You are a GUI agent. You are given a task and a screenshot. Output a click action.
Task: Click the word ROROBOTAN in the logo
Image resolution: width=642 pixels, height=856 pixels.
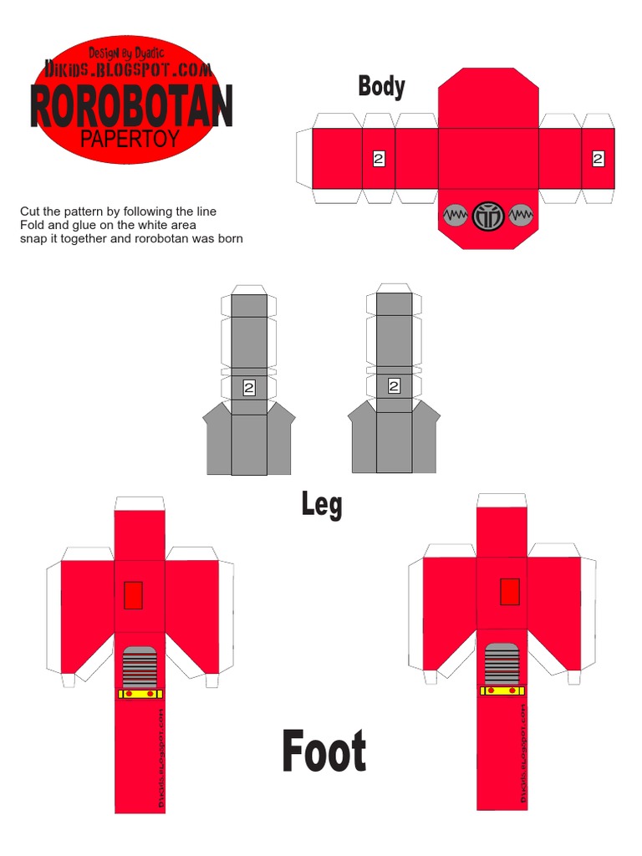[131, 107]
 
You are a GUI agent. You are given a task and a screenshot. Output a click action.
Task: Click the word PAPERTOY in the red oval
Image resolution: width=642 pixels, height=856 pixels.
[130, 139]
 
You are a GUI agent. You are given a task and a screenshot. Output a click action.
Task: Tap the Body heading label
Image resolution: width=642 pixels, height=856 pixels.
[381, 86]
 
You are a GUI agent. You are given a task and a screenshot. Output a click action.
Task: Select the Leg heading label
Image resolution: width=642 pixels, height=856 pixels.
[322, 504]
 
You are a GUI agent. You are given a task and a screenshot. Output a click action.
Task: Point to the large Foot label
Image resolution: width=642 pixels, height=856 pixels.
[324, 751]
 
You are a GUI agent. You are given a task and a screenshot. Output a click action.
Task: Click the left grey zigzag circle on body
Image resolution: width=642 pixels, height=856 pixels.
[455, 216]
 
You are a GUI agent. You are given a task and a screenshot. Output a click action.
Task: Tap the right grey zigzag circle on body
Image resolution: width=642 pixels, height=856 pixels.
[520, 216]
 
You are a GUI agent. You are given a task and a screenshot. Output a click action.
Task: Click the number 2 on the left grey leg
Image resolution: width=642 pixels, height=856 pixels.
[249, 387]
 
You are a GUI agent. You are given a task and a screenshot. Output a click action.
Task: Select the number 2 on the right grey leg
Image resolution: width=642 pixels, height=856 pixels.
[394, 386]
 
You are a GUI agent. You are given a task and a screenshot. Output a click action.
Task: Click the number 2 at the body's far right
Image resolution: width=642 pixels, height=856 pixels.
[598, 158]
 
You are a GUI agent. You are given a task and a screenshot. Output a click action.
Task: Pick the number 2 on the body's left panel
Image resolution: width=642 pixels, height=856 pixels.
[379, 158]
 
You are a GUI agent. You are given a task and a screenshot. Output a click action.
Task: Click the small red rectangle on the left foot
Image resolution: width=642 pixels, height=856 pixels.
[133, 594]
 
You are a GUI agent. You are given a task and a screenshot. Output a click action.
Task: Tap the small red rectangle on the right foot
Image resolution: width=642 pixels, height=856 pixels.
[509, 591]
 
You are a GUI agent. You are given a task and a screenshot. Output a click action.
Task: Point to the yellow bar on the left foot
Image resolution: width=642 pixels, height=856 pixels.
[140, 693]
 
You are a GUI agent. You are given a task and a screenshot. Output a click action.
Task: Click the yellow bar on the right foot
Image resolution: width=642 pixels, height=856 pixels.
[502, 690]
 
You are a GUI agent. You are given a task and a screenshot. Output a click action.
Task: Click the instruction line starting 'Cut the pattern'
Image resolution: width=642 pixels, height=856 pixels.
[118, 211]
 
